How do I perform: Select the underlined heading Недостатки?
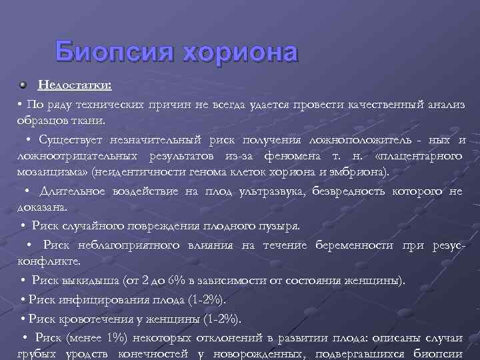[x=74, y=85]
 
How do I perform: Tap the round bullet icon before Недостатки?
[x=25, y=85]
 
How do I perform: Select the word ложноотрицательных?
[x=75, y=156]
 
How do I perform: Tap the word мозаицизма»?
[x=54, y=171]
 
